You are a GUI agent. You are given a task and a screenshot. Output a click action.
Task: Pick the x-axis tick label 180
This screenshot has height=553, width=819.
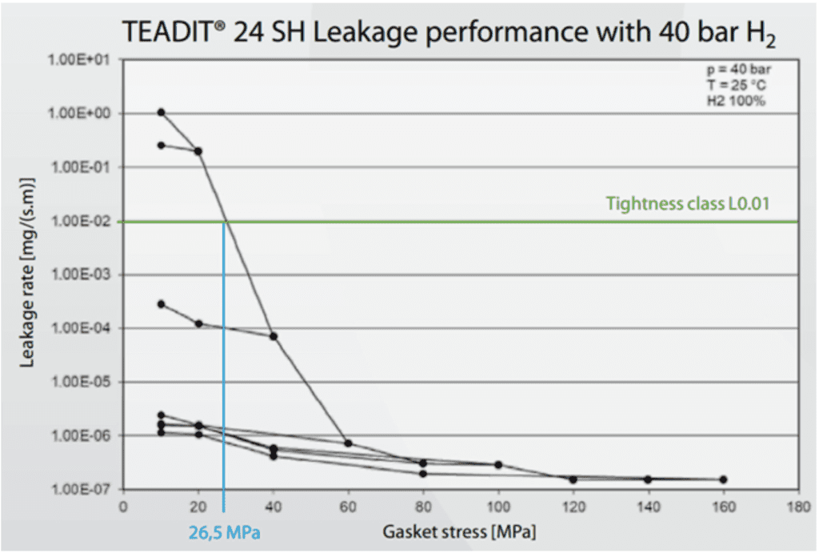[797, 507]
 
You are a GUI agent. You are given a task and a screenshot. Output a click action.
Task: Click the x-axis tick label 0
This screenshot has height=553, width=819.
[123, 507]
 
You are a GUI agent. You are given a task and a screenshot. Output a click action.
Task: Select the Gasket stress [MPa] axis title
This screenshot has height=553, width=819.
[460, 531]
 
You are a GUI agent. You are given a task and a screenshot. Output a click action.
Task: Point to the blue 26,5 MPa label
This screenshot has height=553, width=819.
[223, 531]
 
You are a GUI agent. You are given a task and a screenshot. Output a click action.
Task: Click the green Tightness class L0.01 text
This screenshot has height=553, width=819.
[688, 203]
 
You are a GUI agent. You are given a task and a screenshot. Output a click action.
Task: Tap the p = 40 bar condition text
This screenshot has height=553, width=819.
[745, 70]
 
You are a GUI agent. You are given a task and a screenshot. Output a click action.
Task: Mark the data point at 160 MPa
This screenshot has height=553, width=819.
[723, 479]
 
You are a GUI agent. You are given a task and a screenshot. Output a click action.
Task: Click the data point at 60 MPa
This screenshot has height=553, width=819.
[348, 443]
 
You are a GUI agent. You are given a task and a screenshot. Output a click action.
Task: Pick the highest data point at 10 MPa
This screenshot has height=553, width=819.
[161, 112]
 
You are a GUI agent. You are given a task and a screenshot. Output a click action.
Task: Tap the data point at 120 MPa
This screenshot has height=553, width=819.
[573, 479]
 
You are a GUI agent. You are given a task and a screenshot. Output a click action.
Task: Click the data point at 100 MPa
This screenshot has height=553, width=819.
[497, 464]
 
